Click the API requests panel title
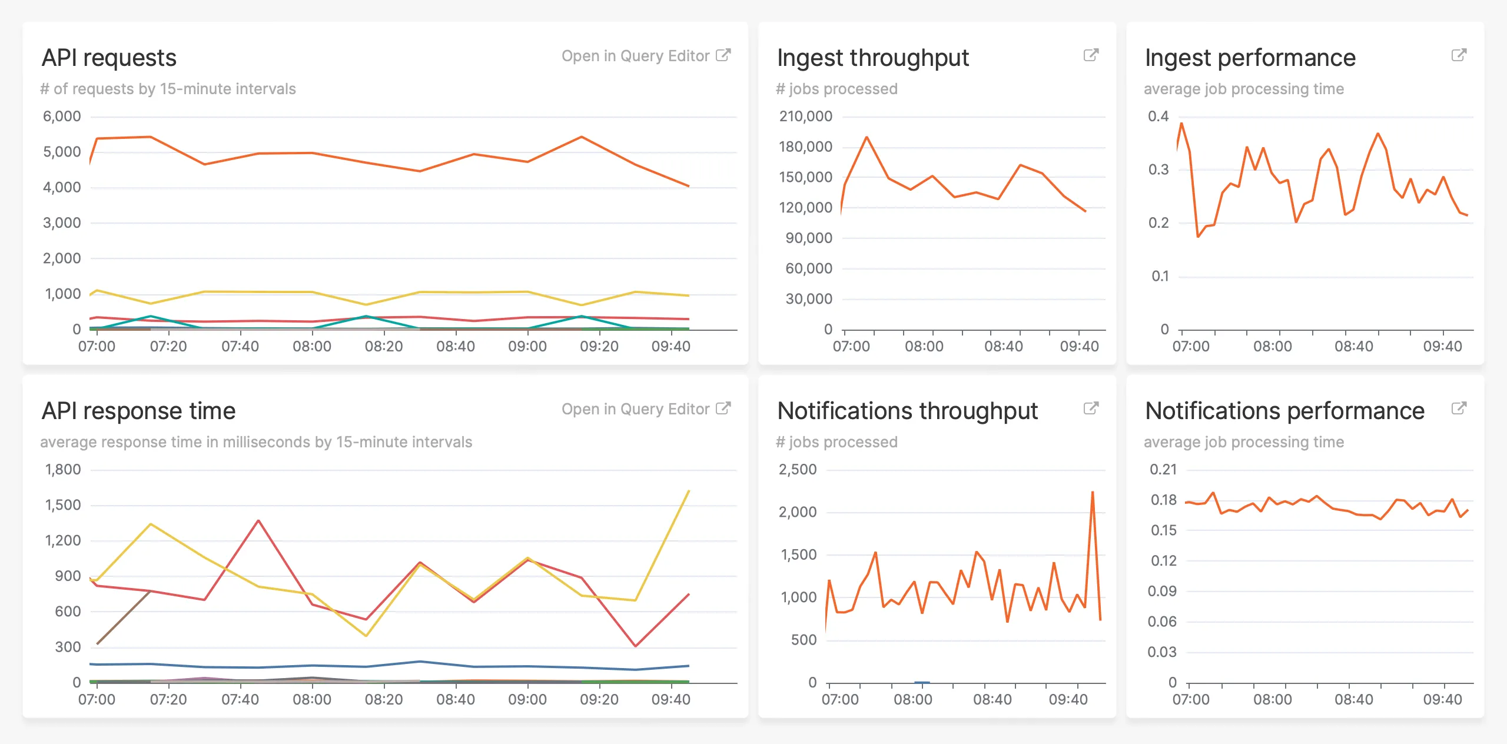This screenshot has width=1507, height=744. pos(109,58)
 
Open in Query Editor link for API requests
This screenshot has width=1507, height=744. pos(645,56)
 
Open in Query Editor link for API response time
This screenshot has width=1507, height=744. pos(645,409)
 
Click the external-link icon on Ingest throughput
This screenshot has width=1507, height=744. pos(1091,55)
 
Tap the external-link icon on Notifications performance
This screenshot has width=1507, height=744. pos(1459,408)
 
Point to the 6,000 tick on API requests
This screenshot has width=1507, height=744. pos(62,117)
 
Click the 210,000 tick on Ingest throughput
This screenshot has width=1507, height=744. pos(805,117)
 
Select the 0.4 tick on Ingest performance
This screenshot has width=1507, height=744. pos(1158,117)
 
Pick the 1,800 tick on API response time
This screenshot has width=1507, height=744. pos(63,470)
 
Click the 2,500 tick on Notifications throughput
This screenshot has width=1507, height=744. pos(798,470)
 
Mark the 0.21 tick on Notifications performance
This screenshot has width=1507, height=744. pos(1163,470)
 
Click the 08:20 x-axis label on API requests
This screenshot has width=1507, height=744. pos(384,347)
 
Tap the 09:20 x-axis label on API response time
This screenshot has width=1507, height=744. pos(599,700)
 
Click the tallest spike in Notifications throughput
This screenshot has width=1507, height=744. pos(1093,493)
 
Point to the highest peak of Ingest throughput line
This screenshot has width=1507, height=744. pos(867,138)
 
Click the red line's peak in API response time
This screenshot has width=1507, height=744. pos(258,521)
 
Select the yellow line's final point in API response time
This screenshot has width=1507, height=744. pos(689,491)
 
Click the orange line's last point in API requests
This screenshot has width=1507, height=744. pos(689,186)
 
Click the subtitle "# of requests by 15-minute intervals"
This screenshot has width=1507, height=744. pos(168,89)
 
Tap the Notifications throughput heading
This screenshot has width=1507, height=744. pos(907,411)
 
